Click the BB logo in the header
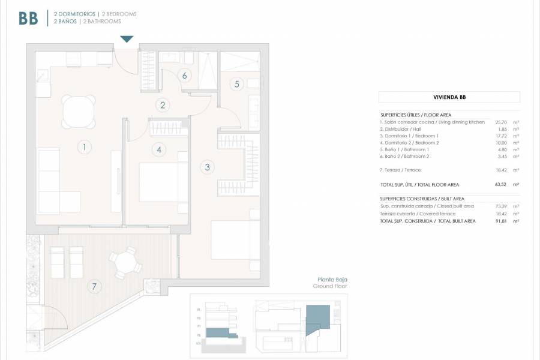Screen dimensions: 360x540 coord(28,18)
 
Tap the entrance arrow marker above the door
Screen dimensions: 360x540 coord(126,40)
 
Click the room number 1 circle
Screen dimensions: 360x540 coord(85,146)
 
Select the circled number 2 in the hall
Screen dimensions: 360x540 coord(162,105)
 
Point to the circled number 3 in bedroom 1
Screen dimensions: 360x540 coord(207,167)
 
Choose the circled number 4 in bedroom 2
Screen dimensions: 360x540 coord(158,149)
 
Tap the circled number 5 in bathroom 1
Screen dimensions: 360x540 coord(237,84)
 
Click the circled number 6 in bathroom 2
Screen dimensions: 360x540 coord(184,76)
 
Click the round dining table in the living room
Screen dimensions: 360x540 coord(79,111)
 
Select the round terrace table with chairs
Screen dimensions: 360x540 coord(125,264)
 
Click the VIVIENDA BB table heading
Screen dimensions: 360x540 coord(449,97)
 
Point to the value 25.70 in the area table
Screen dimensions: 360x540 coord(501,122)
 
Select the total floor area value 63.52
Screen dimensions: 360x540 coord(501,185)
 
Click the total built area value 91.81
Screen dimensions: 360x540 coord(501,221)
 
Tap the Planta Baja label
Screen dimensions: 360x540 coord(332,280)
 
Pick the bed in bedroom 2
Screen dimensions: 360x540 coord(159,182)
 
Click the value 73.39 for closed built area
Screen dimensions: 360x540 coord(501,206)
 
